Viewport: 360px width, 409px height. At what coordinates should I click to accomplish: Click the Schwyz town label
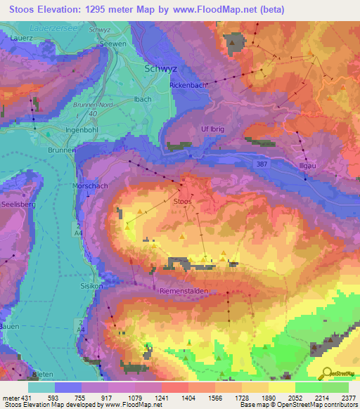click(x=160, y=70)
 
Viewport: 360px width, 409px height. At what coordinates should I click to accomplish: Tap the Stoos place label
click(x=182, y=201)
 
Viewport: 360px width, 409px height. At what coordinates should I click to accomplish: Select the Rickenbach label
click(x=188, y=85)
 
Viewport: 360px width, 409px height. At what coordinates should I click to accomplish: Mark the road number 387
click(x=259, y=163)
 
